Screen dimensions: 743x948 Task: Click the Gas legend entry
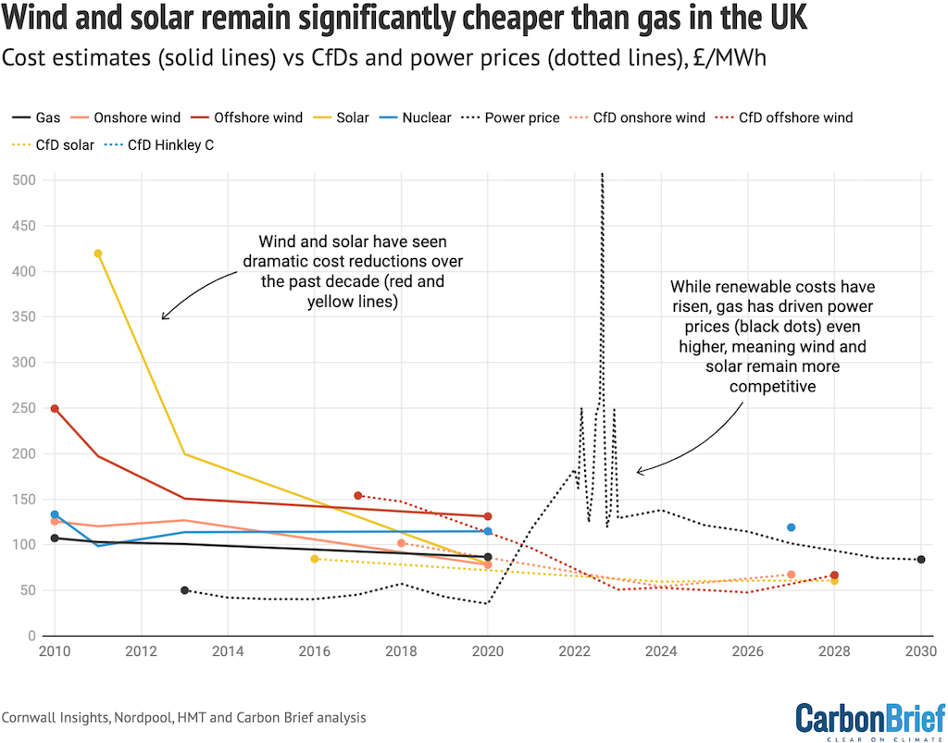36,118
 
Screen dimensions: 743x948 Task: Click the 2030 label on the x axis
920,651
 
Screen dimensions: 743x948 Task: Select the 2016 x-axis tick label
315,651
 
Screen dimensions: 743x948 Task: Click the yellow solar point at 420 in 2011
98,254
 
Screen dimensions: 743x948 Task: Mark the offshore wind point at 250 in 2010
55,408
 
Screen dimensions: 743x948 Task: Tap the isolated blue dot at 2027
791,527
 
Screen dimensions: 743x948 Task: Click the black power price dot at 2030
921,560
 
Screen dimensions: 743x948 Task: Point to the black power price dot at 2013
184,590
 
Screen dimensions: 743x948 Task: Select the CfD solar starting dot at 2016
315,559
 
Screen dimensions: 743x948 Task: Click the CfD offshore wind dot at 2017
358,496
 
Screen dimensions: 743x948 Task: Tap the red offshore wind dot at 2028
834,576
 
